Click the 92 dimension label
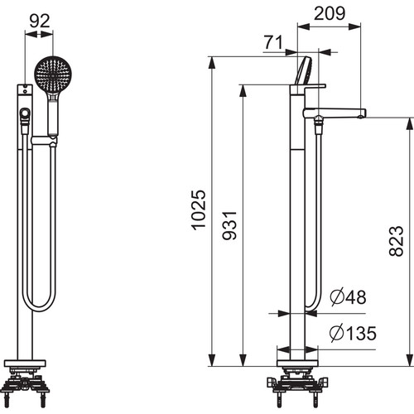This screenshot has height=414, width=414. coord(40,21)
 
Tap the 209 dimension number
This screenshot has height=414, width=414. coord(330,13)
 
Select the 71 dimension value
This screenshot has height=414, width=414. coord(273,42)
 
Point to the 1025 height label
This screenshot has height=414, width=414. coord(199,209)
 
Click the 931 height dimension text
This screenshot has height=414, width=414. coord(229,225)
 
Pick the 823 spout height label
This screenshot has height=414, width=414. coord(397,241)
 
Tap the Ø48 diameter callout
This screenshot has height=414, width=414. coord(349,297)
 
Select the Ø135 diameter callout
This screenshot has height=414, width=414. coord(353,333)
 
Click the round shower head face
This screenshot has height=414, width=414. coord(53,75)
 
